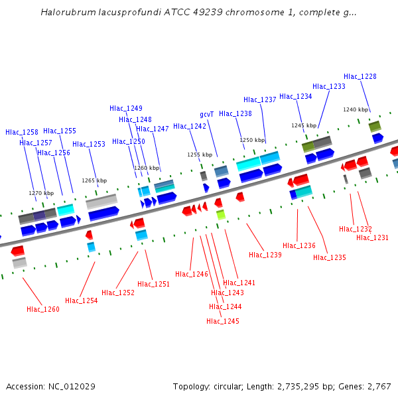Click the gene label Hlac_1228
click(x=360, y=76)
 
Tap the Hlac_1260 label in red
click(x=43, y=309)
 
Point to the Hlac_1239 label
click(x=265, y=255)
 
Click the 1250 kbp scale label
click(x=252, y=140)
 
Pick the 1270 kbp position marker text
click(x=41, y=193)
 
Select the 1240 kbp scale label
click(x=356, y=109)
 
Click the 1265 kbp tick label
click(x=94, y=180)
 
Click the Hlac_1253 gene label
click(x=89, y=144)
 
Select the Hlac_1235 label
click(x=330, y=257)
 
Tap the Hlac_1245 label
click(x=223, y=321)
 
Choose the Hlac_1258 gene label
click(x=22, y=132)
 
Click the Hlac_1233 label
click(x=329, y=86)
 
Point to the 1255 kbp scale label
click(x=199, y=155)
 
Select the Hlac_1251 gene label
click(x=154, y=284)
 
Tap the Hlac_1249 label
click(x=126, y=108)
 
